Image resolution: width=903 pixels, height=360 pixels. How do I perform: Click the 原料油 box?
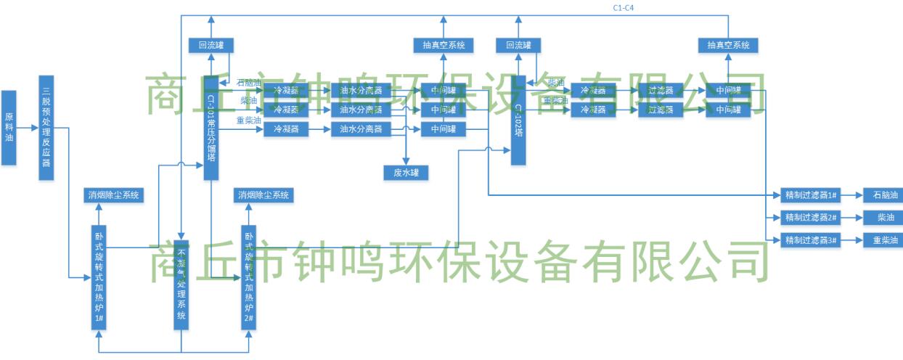9,128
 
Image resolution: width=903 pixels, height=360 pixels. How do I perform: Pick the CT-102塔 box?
518,120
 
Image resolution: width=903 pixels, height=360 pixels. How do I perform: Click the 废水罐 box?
406,172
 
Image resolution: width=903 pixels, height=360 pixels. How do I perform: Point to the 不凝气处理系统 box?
181,285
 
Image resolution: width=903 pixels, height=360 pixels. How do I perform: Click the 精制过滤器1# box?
812,195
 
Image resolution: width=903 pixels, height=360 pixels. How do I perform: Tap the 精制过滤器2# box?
812,218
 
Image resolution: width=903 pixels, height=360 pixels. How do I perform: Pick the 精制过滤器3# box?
812,240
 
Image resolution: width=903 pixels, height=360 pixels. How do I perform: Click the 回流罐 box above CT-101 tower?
211,45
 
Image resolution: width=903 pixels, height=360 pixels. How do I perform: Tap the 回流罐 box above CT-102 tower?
518,45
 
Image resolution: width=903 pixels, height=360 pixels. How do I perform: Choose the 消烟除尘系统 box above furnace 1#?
114,195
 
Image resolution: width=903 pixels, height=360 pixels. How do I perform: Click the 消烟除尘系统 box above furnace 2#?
263,195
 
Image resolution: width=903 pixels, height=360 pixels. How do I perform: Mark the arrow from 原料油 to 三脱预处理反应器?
28,128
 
